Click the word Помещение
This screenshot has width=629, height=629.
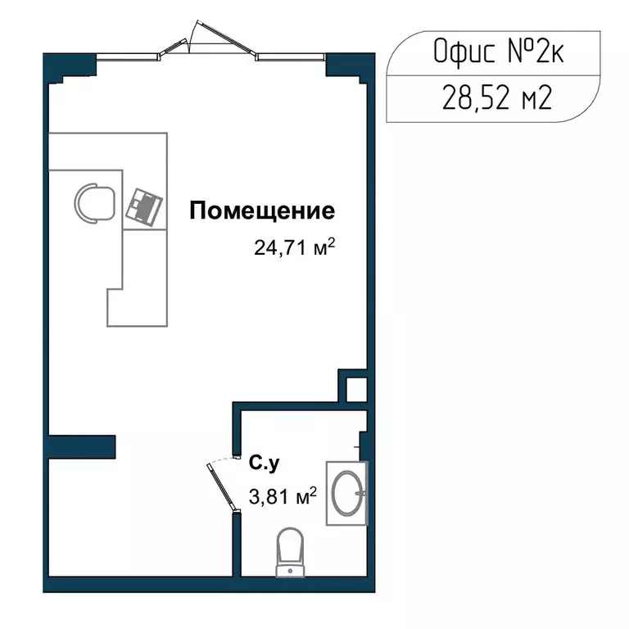point(262,211)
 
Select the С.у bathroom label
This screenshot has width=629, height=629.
point(265,464)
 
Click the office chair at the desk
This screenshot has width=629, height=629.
point(96,202)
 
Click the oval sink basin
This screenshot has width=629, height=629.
point(346,493)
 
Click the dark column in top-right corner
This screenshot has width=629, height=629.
point(342,65)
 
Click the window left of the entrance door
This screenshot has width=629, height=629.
point(128,57)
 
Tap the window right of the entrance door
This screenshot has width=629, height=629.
point(291,57)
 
